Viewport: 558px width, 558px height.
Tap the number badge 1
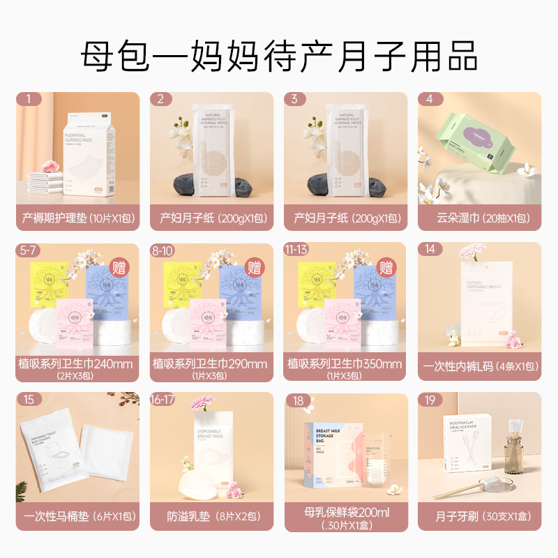coord(28,99)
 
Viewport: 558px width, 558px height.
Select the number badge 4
coord(430,99)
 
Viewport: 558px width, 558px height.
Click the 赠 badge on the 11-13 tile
coord(386,265)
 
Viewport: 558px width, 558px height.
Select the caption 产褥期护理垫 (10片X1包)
coord(77,218)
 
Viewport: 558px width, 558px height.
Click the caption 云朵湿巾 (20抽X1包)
coord(480,218)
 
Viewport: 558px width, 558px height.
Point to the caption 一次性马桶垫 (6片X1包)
coord(77,519)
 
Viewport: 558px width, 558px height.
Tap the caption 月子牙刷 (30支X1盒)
coord(480,519)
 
